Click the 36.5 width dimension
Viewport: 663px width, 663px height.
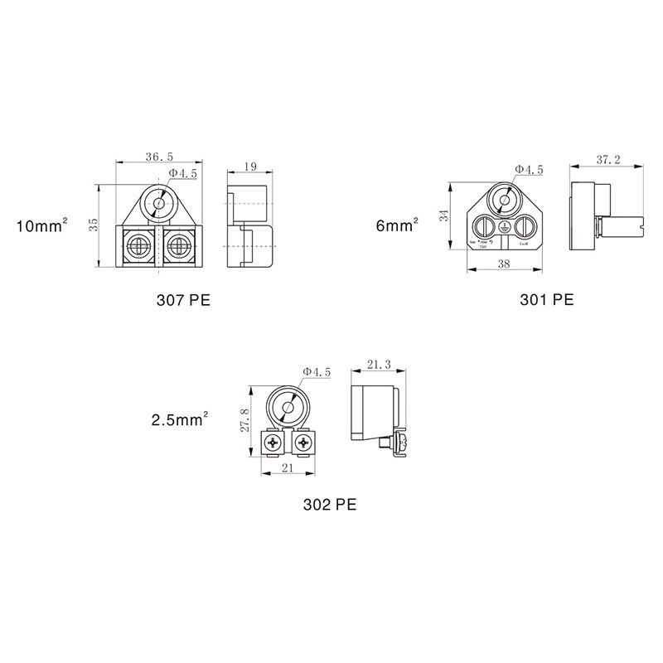coord(158,155)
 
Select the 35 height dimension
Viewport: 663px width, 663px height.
coord(95,225)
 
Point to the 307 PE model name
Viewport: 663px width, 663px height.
coord(183,300)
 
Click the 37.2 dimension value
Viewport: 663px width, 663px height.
coord(608,160)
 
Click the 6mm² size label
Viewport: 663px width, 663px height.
coord(397,225)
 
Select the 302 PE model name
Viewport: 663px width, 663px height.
coord(329,503)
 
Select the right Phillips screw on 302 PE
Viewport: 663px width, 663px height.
coord(302,445)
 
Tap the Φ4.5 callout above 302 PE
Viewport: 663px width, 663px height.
coord(317,373)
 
